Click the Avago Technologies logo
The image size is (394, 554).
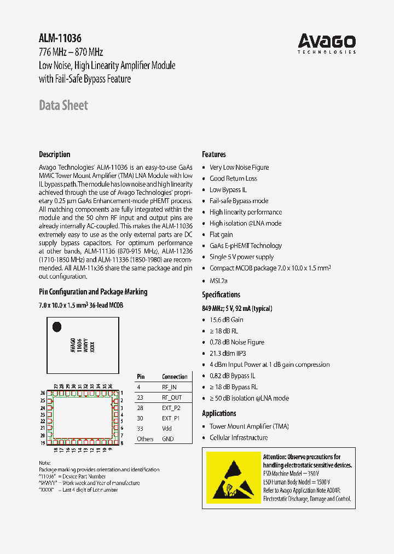point(327,43)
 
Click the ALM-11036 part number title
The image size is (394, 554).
point(60,38)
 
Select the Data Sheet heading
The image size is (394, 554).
point(63,105)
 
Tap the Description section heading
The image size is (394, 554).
point(55,154)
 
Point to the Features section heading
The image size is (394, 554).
point(214,154)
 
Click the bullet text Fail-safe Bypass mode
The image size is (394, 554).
point(239,201)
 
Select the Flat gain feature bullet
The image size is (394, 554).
point(221,234)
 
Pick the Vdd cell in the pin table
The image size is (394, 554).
point(167,429)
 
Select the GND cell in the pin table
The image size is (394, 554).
point(167,439)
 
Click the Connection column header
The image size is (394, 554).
point(175,377)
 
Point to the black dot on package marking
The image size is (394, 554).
point(56,327)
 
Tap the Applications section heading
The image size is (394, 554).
point(219,413)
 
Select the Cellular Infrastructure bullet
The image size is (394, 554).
point(239,437)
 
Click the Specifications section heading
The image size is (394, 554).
point(221,295)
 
